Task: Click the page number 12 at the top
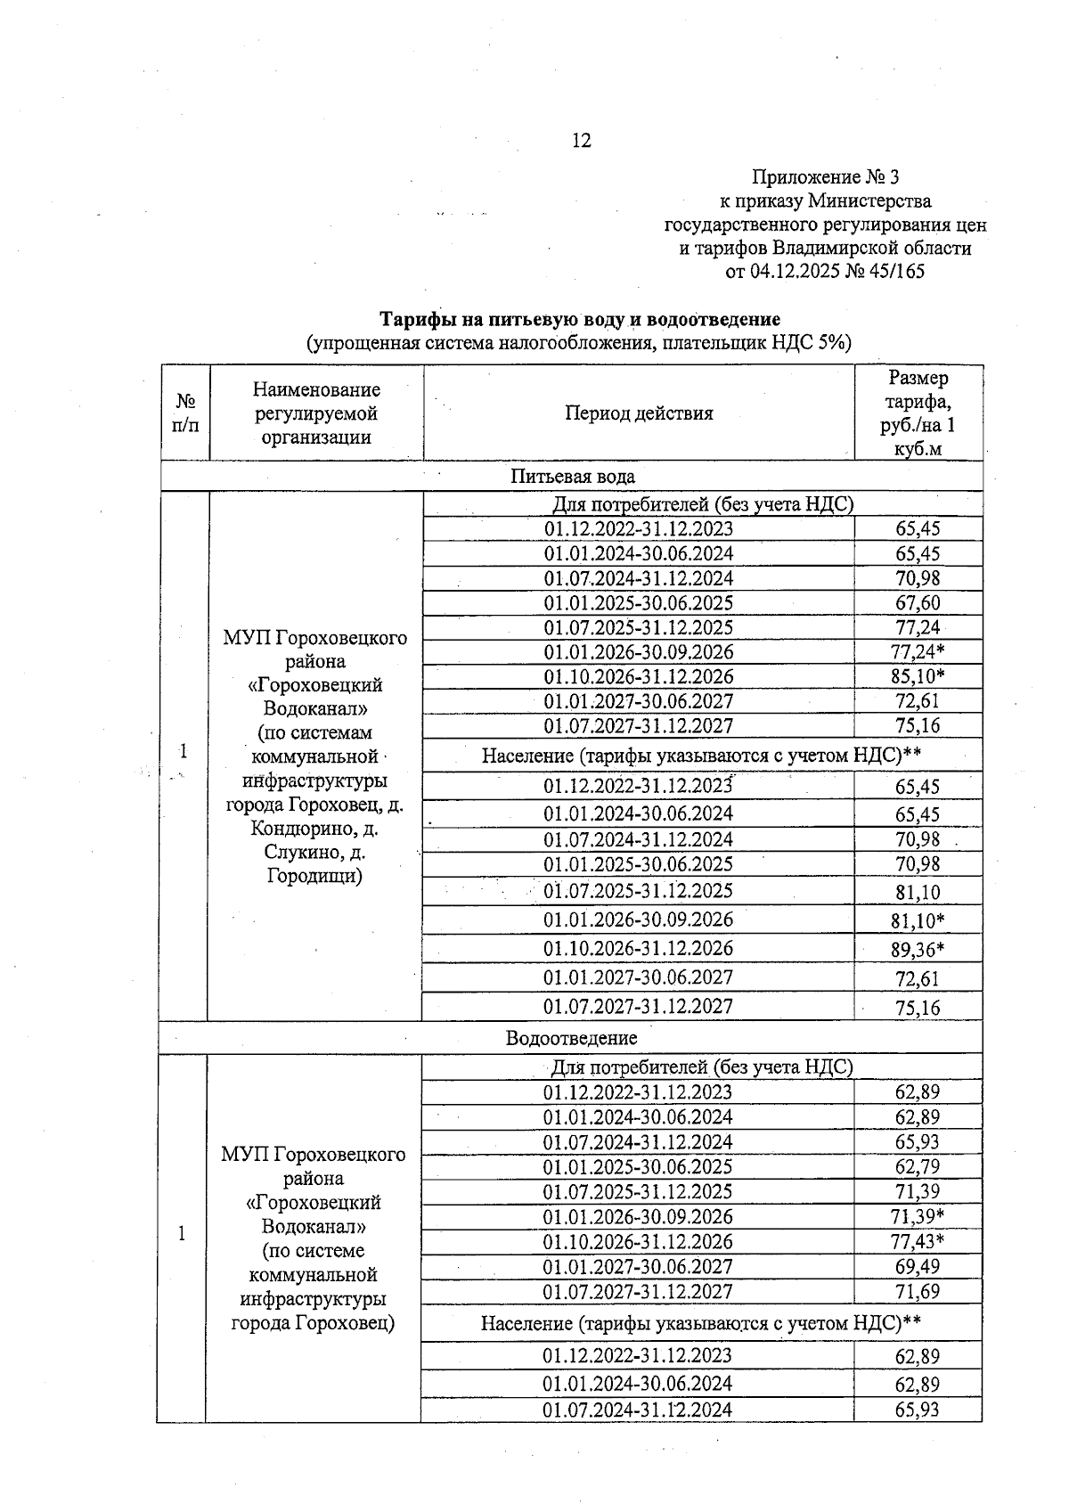[x=581, y=141]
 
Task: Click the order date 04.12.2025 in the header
[x=795, y=272]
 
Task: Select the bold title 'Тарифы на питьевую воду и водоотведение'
[x=580, y=319]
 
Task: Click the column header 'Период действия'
[x=639, y=413]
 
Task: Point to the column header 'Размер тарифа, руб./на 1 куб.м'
[x=918, y=413]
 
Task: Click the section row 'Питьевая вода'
[x=572, y=477]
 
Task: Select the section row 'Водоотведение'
[x=571, y=1038]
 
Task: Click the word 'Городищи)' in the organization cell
[x=314, y=876]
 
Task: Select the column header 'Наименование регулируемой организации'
[x=316, y=413]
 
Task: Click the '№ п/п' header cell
[x=185, y=413]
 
